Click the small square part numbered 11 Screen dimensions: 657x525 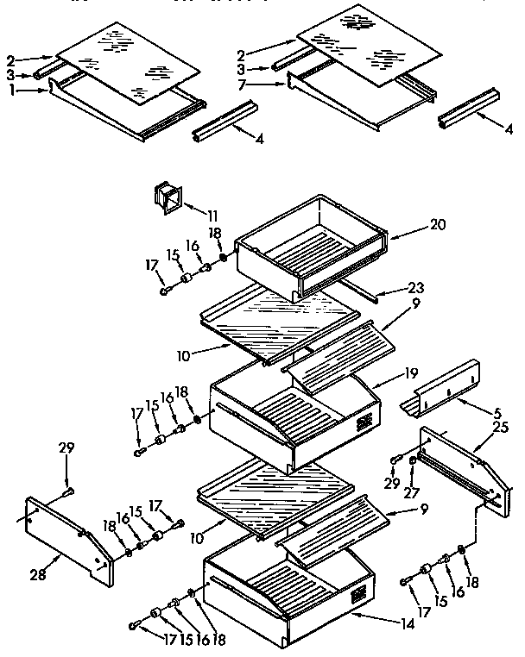click(x=168, y=197)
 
